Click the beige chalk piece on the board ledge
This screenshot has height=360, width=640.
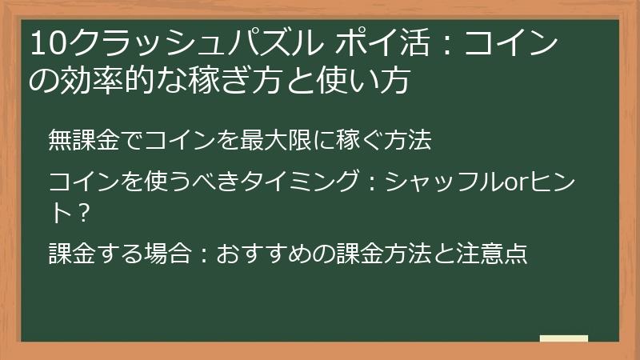(x=563, y=338)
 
